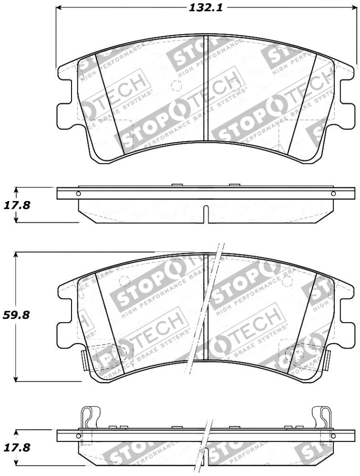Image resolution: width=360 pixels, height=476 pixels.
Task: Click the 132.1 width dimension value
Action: (205, 8)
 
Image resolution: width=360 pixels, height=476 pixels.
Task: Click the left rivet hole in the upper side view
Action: (79, 194)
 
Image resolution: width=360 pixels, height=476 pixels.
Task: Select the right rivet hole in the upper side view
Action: (333, 194)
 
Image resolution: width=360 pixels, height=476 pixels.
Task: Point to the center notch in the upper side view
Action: (205, 214)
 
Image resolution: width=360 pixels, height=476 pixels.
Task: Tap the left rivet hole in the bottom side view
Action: (79, 436)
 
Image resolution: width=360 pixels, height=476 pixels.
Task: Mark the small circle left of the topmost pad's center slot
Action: (176, 86)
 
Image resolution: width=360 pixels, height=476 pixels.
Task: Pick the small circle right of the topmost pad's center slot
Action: (234, 85)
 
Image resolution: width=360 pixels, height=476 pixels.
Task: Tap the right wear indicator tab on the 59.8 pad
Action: (328, 359)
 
